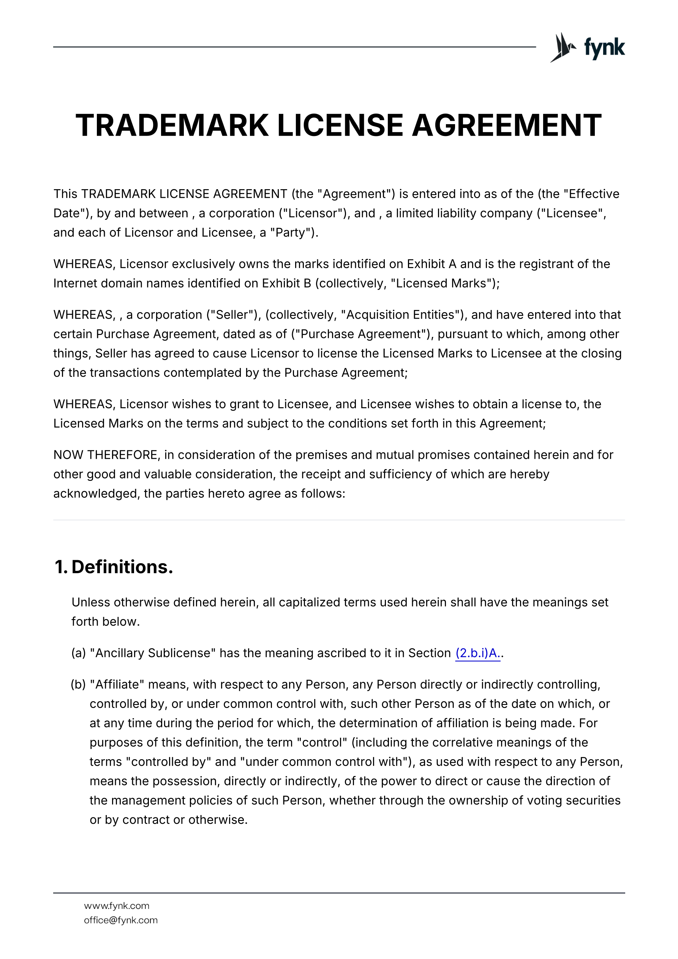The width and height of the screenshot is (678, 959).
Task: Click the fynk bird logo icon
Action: [x=562, y=47]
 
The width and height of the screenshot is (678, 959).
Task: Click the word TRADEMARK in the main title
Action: [x=172, y=125]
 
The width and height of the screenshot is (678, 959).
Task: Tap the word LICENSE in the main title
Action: [x=340, y=125]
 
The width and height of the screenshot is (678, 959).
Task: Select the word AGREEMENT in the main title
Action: [x=506, y=125]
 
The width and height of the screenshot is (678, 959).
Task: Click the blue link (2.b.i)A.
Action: [x=477, y=653]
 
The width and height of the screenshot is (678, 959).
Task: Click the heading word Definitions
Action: [x=122, y=567]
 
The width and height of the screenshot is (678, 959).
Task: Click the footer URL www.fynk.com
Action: [x=117, y=905]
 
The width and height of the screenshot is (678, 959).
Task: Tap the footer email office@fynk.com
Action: [x=121, y=920]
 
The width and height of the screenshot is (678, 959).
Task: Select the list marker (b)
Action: [x=78, y=684]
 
